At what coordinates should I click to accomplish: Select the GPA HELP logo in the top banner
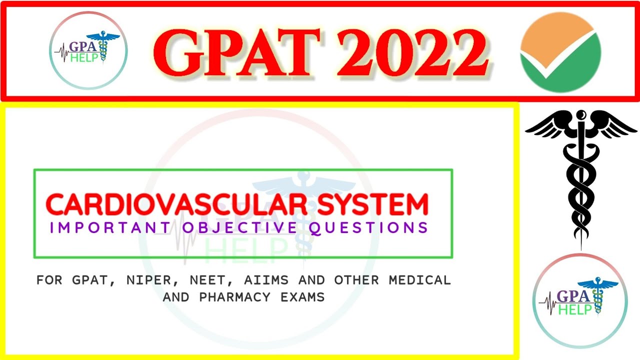pos(88,50)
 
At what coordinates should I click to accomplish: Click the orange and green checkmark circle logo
pos(560,51)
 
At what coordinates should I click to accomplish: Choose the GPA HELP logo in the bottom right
pos(580,300)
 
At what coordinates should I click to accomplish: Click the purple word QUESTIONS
pos(369,228)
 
